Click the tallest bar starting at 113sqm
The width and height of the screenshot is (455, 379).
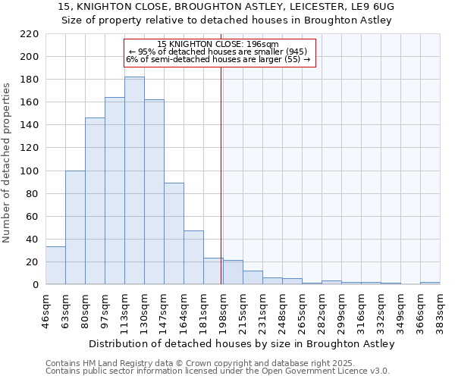tap(134, 180)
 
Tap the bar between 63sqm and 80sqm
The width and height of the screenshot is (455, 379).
tap(75, 227)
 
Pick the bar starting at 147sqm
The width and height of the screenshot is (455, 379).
tap(174, 233)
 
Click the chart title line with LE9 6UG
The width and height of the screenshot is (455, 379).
tap(226, 6)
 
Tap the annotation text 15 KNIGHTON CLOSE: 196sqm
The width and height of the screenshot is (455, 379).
tap(218, 44)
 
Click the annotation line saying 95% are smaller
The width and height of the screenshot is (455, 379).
tap(218, 52)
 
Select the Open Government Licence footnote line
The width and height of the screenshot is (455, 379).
tap(218, 371)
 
